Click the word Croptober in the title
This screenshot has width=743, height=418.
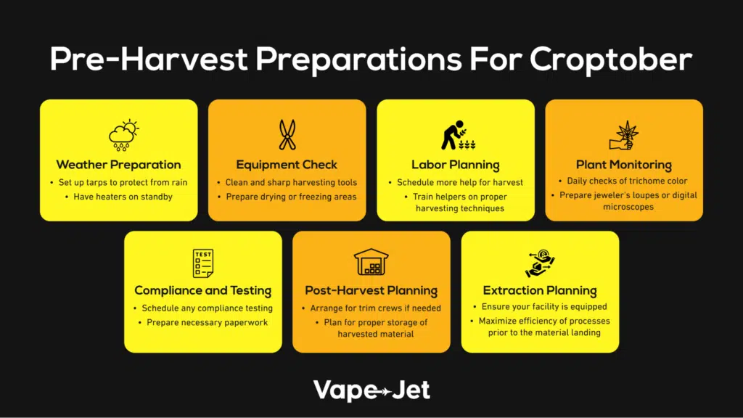pos(611,60)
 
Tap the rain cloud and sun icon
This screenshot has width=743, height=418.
pos(123,136)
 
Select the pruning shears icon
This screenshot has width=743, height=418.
pos(287,134)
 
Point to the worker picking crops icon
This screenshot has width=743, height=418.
pos(458,135)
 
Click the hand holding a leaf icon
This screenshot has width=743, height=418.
pos(624,135)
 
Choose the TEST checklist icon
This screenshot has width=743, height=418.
pos(203,263)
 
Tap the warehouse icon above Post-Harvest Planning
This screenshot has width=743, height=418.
pos(371,261)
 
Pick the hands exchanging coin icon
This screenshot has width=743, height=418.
pos(540,263)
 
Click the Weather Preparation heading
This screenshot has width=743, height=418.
pos(118,165)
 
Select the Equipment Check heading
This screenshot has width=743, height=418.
pos(287,165)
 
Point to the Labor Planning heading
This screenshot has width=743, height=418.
pos(456,165)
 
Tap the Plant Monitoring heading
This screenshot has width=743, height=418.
pos(624,165)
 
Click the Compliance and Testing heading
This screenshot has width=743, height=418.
pos(203,290)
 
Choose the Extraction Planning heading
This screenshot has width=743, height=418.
pos(540,290)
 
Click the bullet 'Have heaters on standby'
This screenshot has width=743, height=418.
pos(123,197)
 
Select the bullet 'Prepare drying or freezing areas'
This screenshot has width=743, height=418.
pos(291,197)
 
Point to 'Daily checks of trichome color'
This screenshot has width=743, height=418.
pos(627,181)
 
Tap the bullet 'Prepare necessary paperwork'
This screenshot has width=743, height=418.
pos(207,322)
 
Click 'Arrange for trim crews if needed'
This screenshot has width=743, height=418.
pos(375,308)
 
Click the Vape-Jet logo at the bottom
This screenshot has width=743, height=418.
pos(371,390)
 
